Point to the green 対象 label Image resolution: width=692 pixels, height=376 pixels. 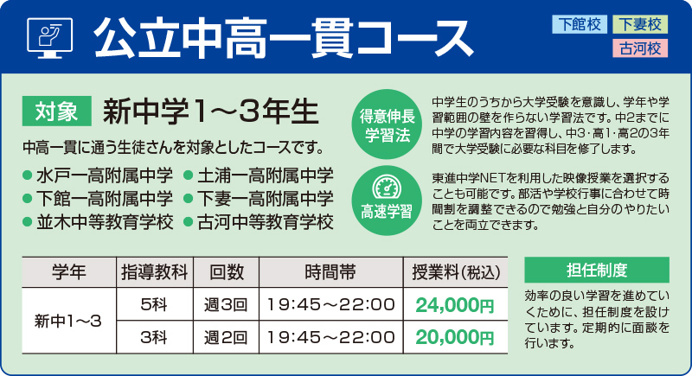pos(58,111)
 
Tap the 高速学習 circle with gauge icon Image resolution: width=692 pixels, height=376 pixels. pos(387,198)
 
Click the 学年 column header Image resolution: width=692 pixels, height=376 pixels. pos(68,271)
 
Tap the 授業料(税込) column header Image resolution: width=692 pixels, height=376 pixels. pos(457,271)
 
